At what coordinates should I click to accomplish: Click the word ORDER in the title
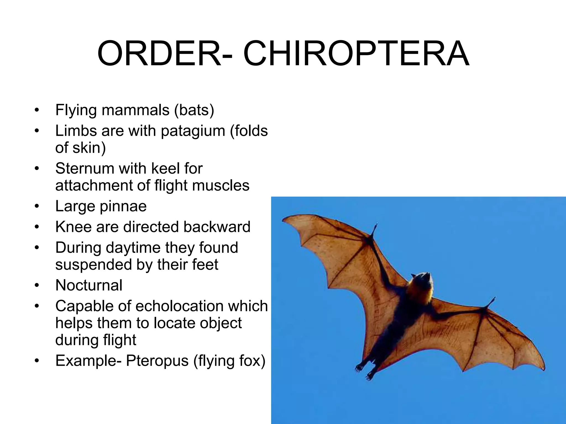(159, 54)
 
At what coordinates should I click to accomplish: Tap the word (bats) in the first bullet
(194, 110)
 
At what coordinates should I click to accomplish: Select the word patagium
(193, 131)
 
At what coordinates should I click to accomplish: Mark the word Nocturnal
(89, 285)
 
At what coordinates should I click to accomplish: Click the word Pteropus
(157, 361)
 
